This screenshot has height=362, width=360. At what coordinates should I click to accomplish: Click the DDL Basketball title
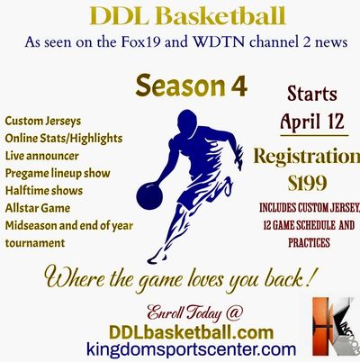[x=187, y=16]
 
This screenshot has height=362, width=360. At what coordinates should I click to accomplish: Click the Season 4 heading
[x=192, y=86]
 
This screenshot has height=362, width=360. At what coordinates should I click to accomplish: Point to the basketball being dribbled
[x=149, y=195]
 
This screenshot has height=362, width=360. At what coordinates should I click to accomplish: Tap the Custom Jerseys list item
[x=43, y=122]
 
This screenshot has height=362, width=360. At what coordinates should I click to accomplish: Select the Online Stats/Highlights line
[x=64, y=139]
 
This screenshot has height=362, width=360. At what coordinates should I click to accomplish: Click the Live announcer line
[x=42, y=156]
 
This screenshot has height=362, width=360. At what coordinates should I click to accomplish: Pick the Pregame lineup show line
[x=58, y=174]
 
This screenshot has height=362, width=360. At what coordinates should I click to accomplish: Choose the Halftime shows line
[x=44, y=191]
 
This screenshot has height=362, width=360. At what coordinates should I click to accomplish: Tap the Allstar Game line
[x=38, y=208]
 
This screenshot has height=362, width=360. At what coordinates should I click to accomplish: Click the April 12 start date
[x=312, y=122]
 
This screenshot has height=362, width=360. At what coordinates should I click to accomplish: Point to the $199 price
[x=307, y=183]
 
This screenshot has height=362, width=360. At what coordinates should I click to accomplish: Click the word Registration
[x=307, y=157]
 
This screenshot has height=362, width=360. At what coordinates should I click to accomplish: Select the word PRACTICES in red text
[x=309, y=242]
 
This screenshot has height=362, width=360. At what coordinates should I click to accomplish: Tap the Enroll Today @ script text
[x=194, y=313]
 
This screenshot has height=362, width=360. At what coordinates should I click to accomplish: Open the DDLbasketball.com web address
[x=191, y=332]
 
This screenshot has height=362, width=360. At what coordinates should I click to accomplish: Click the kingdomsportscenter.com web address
[x=191, y=349]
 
